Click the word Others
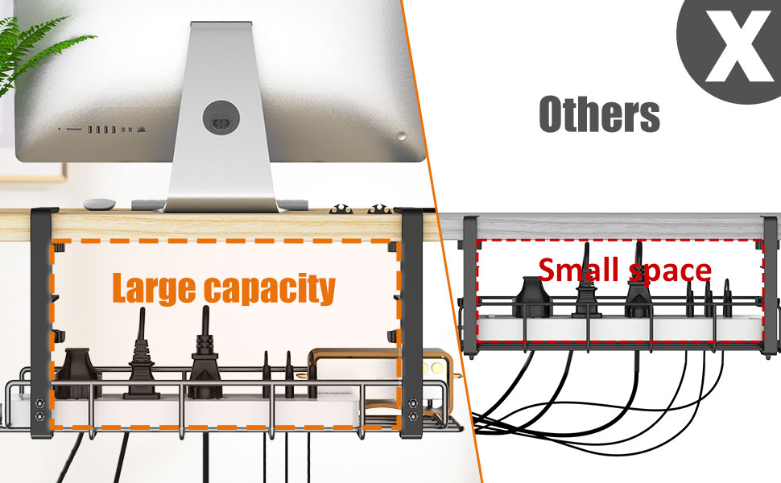tap(599, 114)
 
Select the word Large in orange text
tap(153, 287)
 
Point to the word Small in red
tap(582, 270)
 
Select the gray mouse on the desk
tap(100, 204)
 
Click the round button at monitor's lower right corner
tap(403, 134)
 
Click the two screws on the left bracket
tap(38, 408)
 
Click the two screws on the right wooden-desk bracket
tap(413, 408)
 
